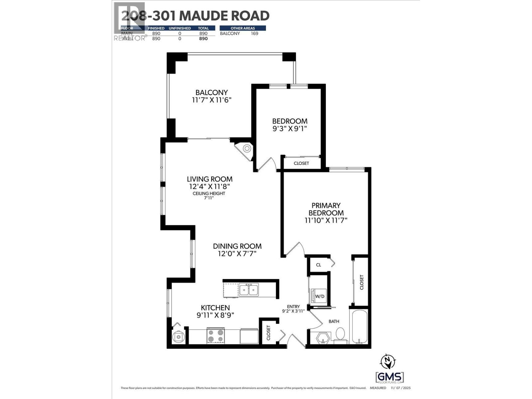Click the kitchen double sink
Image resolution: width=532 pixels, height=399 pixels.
pos(249,290)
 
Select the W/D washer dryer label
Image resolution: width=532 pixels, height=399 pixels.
pos(320,296)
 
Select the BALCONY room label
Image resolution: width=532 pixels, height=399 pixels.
pos(211,92)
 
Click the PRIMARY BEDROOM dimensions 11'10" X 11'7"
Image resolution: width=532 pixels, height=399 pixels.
pos(326,220)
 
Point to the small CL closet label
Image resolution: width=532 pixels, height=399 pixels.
pos(319,265)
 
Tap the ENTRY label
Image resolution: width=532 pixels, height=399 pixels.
pos(294,307)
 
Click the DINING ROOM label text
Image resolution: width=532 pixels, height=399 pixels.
pos(237,246)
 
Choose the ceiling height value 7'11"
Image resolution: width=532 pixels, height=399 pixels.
pos(208,198)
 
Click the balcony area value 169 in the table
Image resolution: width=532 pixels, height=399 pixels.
pos(254,33)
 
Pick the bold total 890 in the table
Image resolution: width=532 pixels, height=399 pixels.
pos(203,39)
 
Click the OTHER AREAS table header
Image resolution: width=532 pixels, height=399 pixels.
pos(243,28)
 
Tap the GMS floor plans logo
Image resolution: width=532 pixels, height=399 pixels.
pos(390,377)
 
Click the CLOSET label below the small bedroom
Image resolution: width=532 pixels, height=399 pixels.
pos(301,163)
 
